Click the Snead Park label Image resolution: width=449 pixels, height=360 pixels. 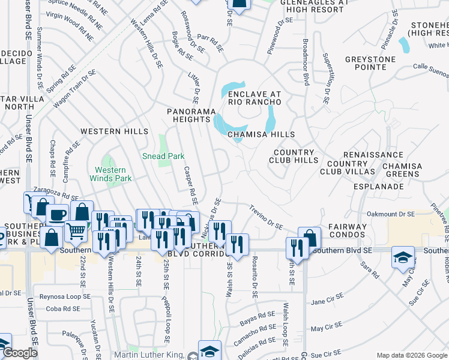click(x=163, y=156)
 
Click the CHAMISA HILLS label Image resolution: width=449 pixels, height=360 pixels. click(x=261, y=134)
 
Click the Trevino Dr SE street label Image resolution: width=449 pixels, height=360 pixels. click(x=266, y=217)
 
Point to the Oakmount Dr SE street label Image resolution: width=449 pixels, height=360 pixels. click(x=391, y=214)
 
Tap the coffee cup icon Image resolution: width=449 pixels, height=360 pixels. click(x=57, y=215)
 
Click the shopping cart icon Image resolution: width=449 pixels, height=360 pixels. click(x=76, y=230)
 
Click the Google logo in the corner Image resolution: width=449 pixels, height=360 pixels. click(x=20, y=353)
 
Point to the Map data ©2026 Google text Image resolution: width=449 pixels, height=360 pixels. click(x=411, y=355)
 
